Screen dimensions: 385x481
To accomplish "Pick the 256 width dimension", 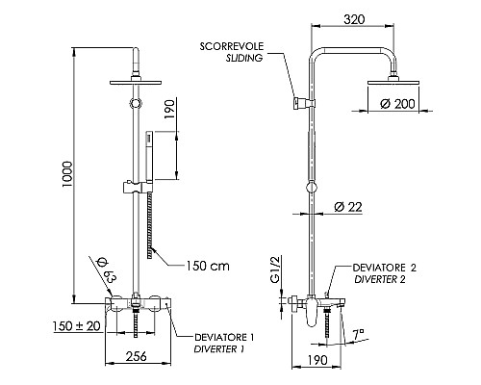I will pos(139,357).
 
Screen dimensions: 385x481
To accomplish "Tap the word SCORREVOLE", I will pos(234,45).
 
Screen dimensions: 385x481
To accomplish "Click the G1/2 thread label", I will pos(274,268).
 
